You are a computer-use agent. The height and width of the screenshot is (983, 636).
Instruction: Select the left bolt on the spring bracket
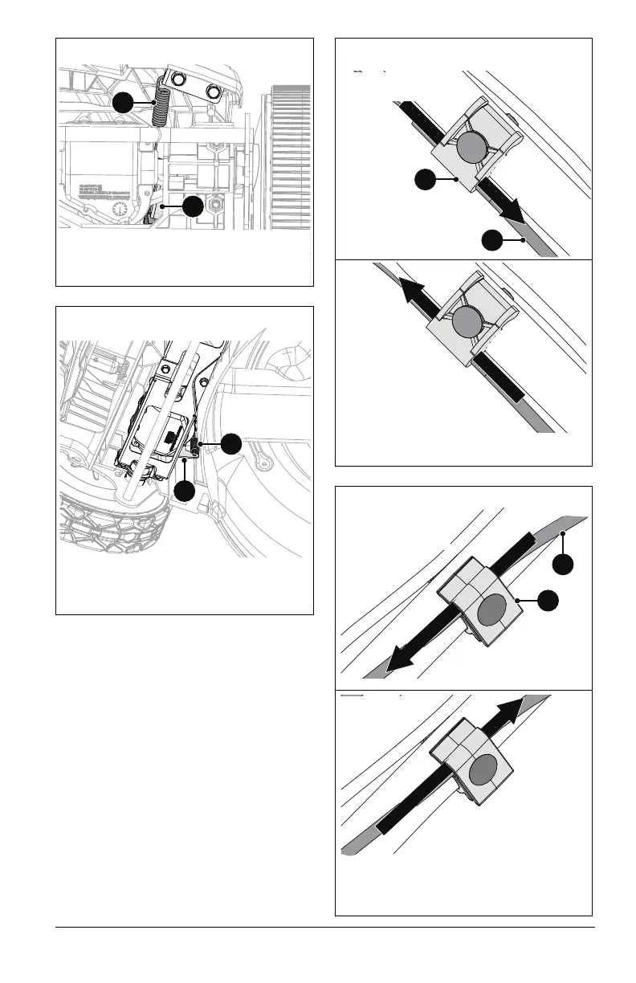point(177,79)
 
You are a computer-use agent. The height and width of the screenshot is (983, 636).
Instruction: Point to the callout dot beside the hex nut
point(193,206)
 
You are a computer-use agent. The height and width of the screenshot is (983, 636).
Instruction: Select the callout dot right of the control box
point(230,443)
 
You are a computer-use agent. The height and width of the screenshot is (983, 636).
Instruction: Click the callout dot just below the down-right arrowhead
point(492,239)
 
